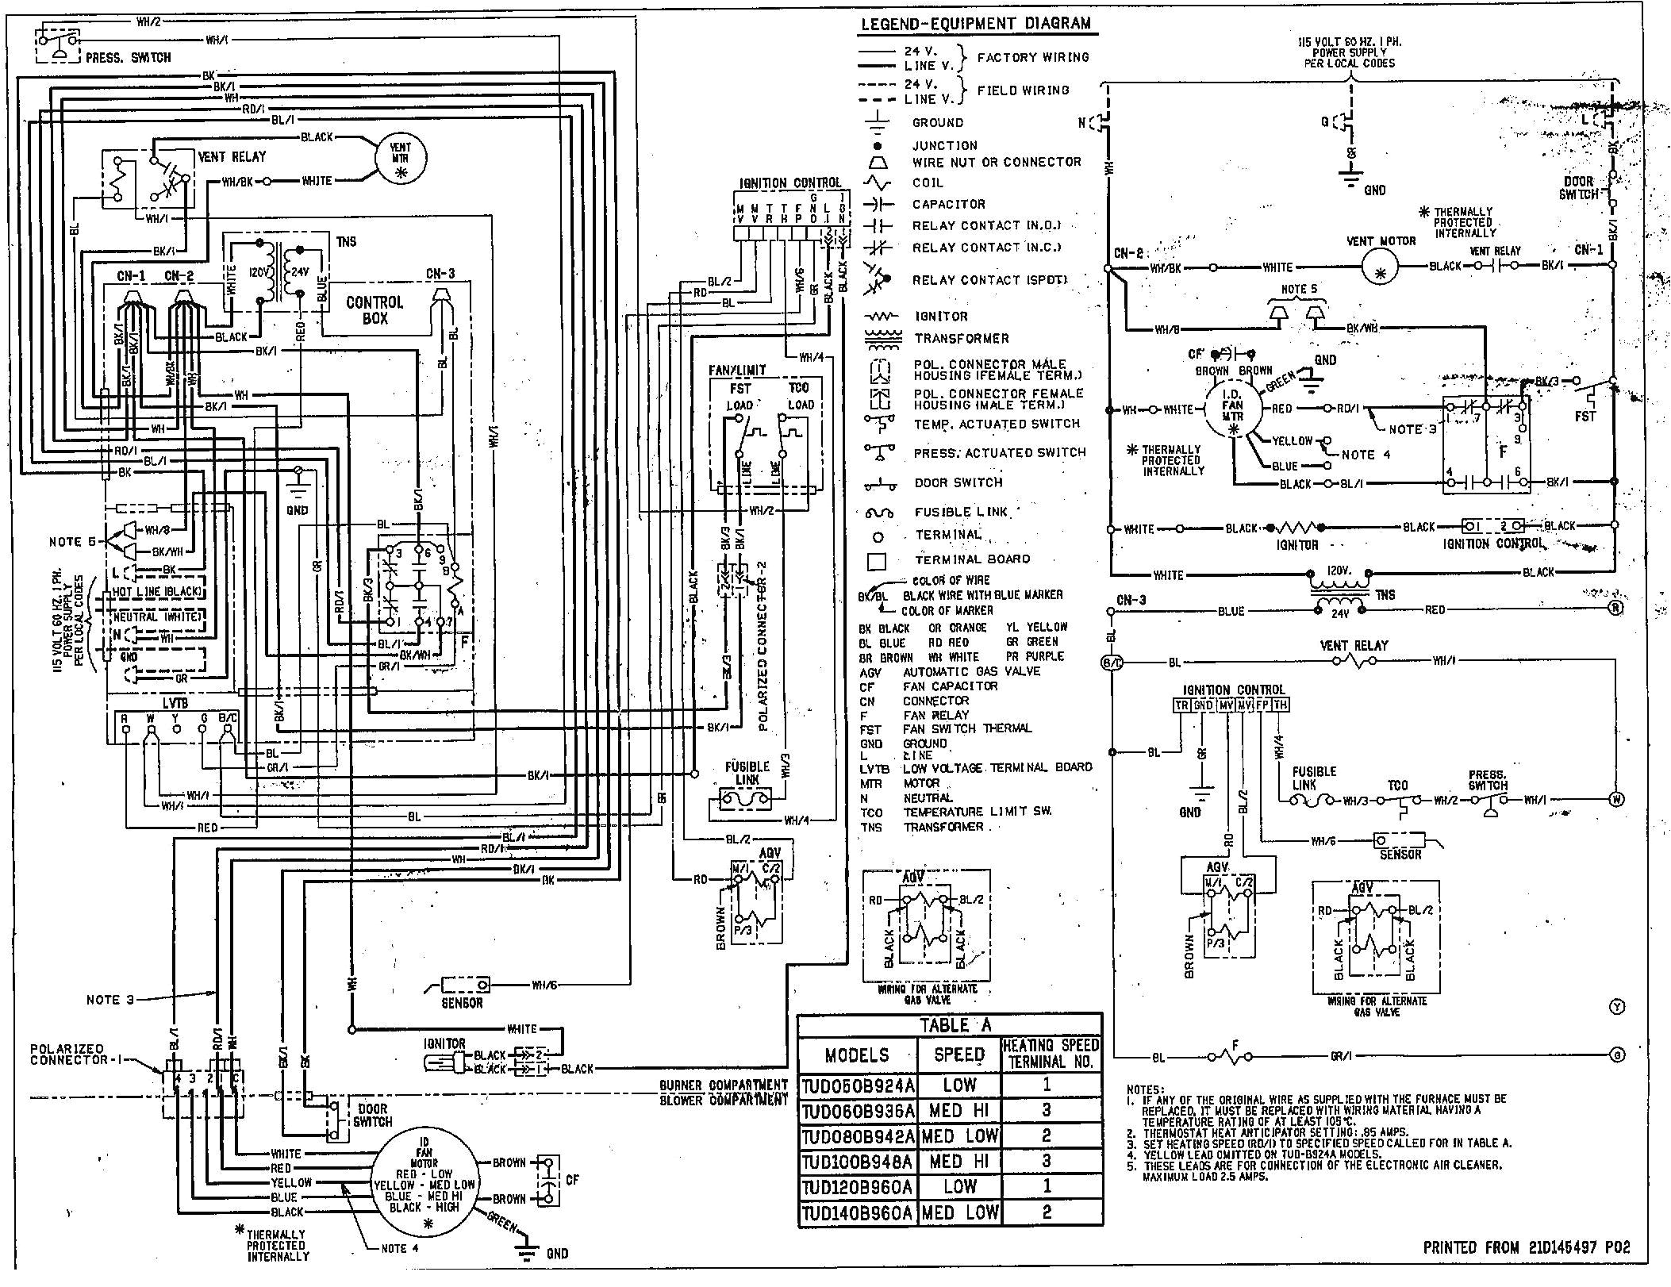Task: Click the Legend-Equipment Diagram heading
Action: [x=976, y=24]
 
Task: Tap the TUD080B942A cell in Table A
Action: [x=858, y=1136]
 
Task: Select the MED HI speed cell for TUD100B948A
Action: [x=958, y=1162]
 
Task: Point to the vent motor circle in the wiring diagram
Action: [x=400, y=156]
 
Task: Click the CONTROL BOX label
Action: [x=375, y=310]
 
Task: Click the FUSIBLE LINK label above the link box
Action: [x=747, y=773]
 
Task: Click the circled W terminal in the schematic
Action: [x=1616, y=799]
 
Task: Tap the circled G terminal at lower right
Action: [x=1616, y=1055]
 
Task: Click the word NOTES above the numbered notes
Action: [x=1145, y=1089]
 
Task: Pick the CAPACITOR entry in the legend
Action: [x=948, y=204]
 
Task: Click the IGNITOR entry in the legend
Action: [x=941, y=316]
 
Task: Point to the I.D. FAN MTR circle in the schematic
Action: [x=1232, y=409]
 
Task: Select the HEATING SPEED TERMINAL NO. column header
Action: [x=1051, y=1054]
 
